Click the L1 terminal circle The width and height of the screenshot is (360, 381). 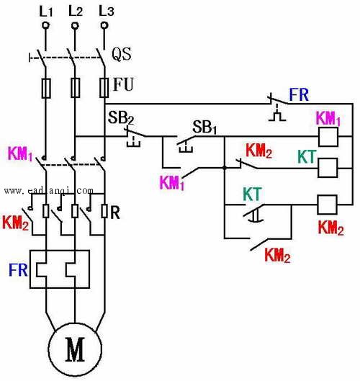(x=45, y=25)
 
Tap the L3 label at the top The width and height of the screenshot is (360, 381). (x=106, y=11)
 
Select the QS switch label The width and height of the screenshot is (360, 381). (x=122, y=54)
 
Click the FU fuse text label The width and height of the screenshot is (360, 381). (x=123, y=84)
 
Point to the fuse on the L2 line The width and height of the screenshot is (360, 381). (x=76, y=88)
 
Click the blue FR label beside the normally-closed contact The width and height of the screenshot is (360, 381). (x=299, y=94)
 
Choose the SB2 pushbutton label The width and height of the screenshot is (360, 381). (x=121, y=117)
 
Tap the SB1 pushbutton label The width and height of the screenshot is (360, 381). (x=204, y=127)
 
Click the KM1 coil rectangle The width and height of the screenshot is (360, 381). (x=328, y=137)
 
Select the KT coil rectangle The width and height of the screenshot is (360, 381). (x=328, y=168)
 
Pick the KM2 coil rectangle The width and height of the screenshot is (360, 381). (x=327, y=205)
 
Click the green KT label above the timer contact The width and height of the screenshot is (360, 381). (x=253, y=194)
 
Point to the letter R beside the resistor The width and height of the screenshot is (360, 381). (x=115, y=213)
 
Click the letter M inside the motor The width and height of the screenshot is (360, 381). (x=75, y=349)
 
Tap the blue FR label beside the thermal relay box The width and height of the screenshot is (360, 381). (x=18, y=269)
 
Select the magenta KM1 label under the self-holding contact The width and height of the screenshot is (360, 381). (x=172, y=183)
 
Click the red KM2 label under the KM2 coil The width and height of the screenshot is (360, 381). (x=331, y=228)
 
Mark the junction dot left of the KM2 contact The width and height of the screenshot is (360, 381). (x=225, y=168)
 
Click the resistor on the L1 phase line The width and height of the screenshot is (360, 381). (x=45, y=211)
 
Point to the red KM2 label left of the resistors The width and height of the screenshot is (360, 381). (x=15, y=223)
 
